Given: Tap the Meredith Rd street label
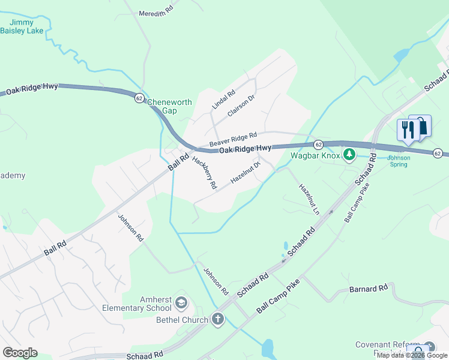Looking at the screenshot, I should (155, 12).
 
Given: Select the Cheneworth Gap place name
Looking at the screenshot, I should (170, 106).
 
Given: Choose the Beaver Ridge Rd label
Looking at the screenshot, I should (233, 140).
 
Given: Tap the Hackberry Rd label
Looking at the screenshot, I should (204, 173).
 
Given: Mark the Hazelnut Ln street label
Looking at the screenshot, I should (309, 199).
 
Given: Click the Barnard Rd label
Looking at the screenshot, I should (369, 289).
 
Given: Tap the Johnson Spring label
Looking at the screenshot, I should (398, 161).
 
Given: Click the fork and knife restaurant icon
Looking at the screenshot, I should (406, 130).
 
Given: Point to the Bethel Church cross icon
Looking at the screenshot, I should (217, 319).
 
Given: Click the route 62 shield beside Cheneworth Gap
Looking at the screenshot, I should (139, 97).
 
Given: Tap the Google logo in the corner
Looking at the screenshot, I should (20, 353).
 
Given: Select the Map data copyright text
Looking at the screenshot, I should (412, 356).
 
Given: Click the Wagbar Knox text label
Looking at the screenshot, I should (315, 155).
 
